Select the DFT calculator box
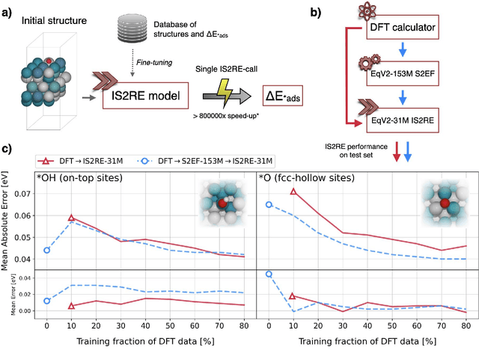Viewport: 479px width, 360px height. click(x=403, y=28)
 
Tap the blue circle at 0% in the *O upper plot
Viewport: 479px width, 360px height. click(x=269, y=204)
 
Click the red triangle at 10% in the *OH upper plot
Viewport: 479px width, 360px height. click(x=71, y=218)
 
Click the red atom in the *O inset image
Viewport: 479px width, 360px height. click(x=444, y=202)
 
